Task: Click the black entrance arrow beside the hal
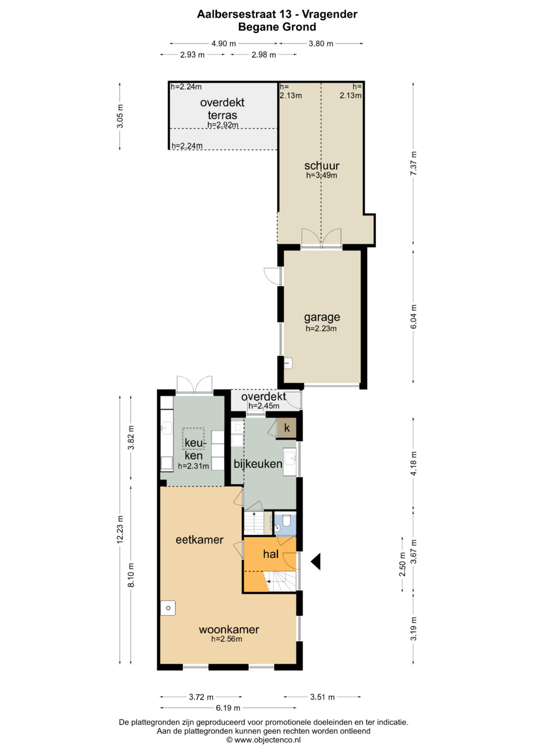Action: [x=316, y=561]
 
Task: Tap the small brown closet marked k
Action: [x=287, y=428]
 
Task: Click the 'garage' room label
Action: [x=322, y=317]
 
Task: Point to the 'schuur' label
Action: [x=322, y=165]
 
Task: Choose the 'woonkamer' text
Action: [x=229, y=630]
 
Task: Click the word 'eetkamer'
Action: [x=199, y=540]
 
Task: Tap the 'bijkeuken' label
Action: [x=258, y=464]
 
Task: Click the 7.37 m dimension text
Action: [x=414, y=163]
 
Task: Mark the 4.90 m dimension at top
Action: [x=224, y=43]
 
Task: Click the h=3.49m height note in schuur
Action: [x=321, y=175]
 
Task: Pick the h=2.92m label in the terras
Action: [x=223, y=125]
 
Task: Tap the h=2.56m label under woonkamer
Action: [x=227, y=639]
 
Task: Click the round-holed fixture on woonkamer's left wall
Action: [x=168, y=608]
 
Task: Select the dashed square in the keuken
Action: [x=193, y=438]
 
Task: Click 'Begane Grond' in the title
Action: [x=277, y=27]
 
